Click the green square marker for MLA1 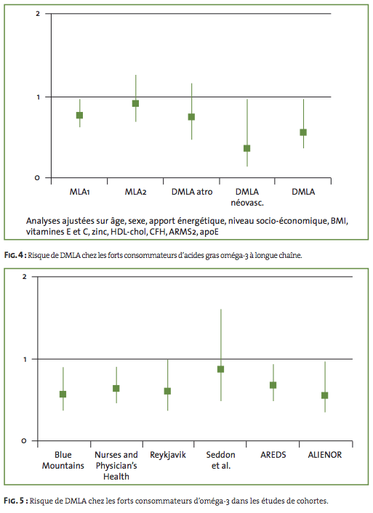coord(79,115)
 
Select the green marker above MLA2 coord(135,103)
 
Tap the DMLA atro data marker coord(191,117)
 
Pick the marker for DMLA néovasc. coord(247,148)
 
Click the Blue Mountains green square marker coord(63,395)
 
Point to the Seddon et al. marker coord(221,369)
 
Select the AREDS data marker coord(273,385)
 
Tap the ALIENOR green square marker coord(325,395)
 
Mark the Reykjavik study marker coord(167,392)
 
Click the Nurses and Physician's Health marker coord(116,388)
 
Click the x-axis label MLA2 coord(135,192)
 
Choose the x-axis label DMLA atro coord(192,192)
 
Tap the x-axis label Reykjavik coord(168,455)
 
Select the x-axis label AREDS coord(273,455)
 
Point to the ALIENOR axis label coord(325,455)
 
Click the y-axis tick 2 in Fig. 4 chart coord(38,14)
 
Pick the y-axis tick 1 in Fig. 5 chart coord(25,359)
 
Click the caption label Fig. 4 coord(15,255)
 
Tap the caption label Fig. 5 coord(15,501)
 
